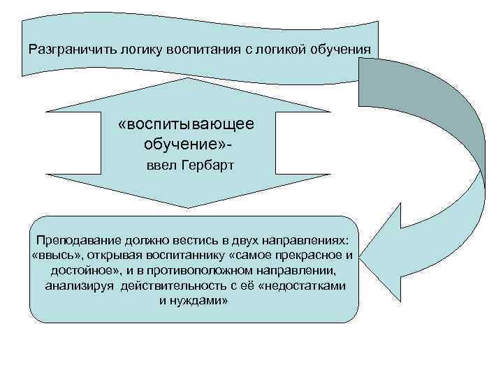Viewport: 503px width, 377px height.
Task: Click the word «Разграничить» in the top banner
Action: coord(64,50)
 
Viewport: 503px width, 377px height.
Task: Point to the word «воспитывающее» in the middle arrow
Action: coord(187,124)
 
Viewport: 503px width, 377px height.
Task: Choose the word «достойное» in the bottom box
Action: coord(80,269)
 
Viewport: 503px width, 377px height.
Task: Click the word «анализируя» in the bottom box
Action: coord(80,285)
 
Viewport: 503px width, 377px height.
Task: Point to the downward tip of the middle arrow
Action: coord(187,207)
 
